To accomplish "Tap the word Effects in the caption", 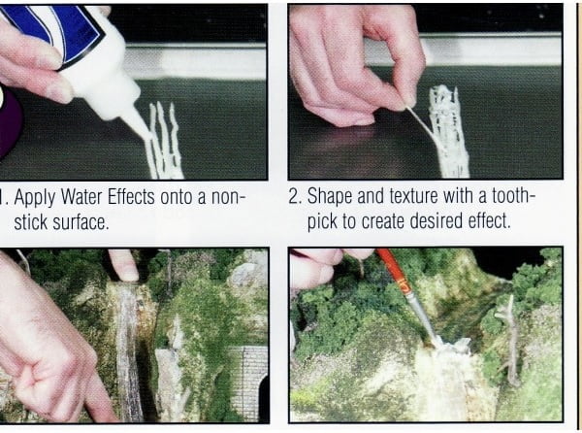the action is pos(131,197).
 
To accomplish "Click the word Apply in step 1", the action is pos(35,198).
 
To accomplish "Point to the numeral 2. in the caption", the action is pos(296,196).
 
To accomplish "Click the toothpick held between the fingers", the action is pos(419,120).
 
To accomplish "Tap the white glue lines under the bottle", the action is pos(165,141).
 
